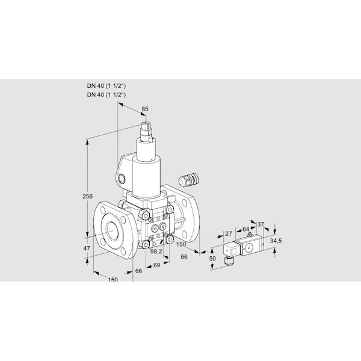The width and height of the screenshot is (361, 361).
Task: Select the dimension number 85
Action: tap(144, 109)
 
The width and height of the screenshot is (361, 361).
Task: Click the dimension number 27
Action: tap(228, 234)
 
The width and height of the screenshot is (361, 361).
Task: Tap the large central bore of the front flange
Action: tap(113, 230)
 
